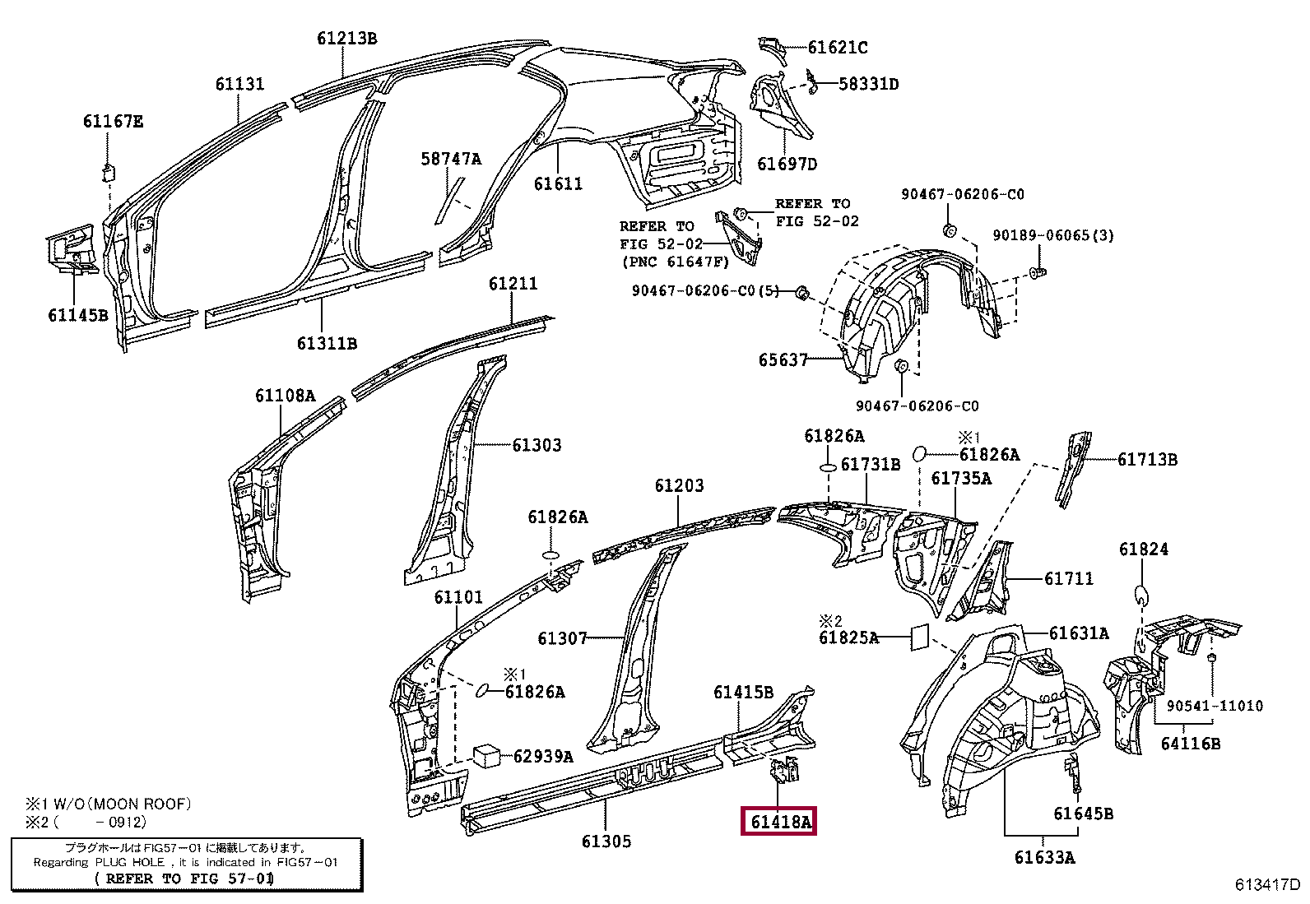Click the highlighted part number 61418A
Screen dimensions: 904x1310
click(x=778, y=820)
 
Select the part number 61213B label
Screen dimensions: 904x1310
click(x=347, y=38)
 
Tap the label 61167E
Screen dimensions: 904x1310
click(x=113, y=122)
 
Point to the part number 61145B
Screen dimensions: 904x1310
click(x=77, y=315)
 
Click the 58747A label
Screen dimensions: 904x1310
click(x=451, y=159)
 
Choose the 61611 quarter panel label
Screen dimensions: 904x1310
click(x=558, y=184)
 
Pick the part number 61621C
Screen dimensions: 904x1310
click(x=837, y=48)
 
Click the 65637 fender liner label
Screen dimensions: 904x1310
click(x=783, y=360)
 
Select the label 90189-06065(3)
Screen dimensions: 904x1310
click(x=1052, y=235)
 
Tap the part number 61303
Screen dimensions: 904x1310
click(x=537, y=445)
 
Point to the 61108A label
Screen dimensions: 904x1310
click(x=285, y=396)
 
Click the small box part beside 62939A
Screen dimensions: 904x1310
click(x=487, y=754)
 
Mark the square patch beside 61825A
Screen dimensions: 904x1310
click(x=919, y=637)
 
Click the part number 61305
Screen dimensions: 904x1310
click(x=606, y=841)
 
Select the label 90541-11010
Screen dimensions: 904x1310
click(x=1214, y=706)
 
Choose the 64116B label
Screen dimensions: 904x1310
click(x=1190, y=744)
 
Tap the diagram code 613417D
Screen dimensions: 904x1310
click(x=1267, y=885)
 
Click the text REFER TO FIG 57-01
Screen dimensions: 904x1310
click(x=185, y=879)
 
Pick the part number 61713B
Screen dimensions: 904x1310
click(x=1147, y=460)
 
